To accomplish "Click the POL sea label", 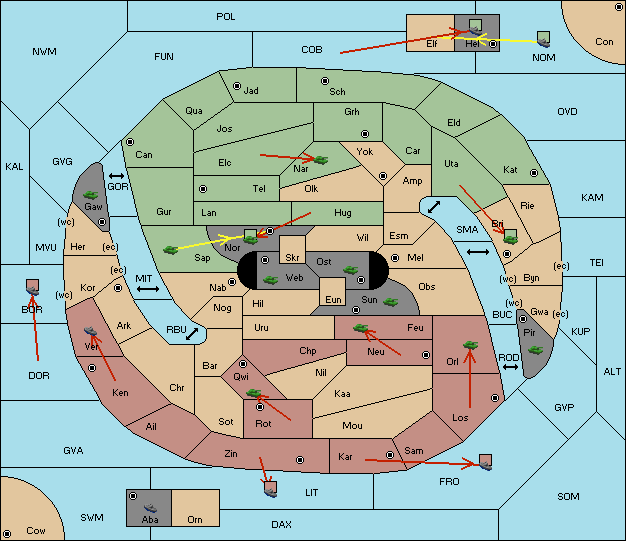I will pos(226,17).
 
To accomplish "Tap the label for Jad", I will pos(251,91).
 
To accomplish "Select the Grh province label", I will pos(352,112).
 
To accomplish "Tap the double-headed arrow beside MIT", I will pos(149,288).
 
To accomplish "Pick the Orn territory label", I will pos(194,519).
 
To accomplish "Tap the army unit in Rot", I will pos(255,394).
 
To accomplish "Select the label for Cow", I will pos(36,531).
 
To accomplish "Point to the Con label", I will pos(604,42).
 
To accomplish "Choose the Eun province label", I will pos(334,299).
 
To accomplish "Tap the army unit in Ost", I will pos(350,269).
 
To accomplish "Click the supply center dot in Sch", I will pos(324,80).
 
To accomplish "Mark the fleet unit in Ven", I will pos(92,332).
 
